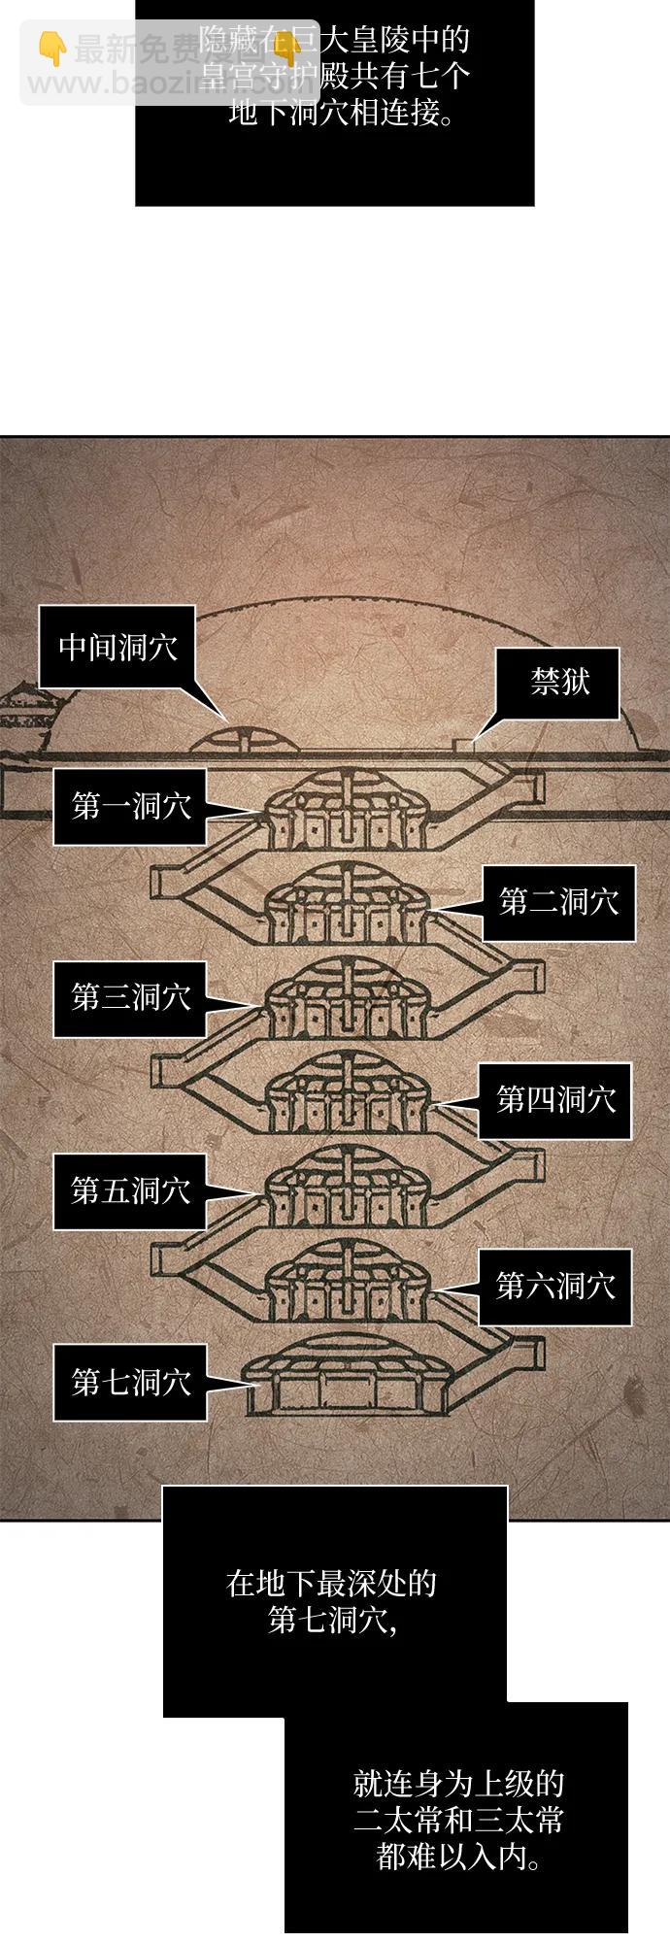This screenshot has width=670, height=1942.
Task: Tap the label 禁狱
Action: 558,683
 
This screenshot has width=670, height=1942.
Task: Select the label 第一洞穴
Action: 130,806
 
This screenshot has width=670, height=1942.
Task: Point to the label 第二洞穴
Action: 558,902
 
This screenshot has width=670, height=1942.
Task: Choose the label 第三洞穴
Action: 130,997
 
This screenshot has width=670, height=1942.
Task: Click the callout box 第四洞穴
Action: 555,1100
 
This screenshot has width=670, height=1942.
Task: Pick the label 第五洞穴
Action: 130,1190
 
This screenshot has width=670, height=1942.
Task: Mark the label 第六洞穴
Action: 555,1287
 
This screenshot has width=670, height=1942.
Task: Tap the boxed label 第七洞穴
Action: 130,1383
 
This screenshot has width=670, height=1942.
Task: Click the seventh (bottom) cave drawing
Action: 345,1383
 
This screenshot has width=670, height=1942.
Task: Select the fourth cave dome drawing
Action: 347,1093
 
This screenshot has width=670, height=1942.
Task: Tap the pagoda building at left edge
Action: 21,714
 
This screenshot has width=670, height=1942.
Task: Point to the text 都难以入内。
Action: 458,1858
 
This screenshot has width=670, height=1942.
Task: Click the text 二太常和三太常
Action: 458,1821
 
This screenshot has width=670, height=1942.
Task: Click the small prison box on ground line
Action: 464,744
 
